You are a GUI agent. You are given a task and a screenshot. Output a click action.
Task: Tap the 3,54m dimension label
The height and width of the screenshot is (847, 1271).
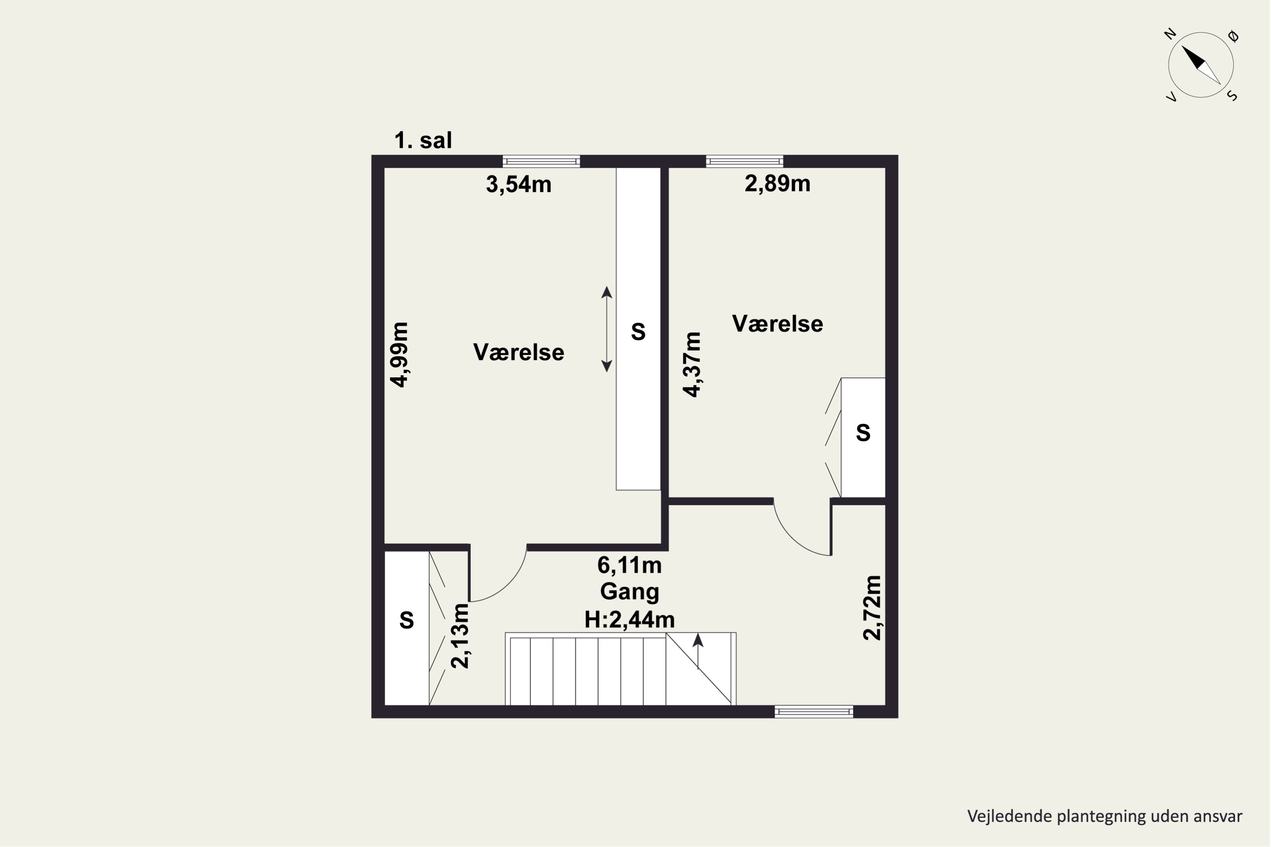coord(518,184)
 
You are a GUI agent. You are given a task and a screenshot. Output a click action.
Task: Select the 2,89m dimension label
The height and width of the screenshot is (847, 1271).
coord(777,184)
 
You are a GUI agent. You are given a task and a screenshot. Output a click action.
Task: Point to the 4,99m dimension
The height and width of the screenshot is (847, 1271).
coord(400,354)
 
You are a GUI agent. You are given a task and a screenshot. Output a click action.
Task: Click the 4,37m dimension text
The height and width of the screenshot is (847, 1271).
coord(692,365)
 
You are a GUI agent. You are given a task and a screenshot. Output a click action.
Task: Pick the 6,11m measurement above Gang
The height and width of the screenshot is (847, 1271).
coord(629,565)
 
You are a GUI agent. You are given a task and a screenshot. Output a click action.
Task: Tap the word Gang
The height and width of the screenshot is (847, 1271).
coord(630,592)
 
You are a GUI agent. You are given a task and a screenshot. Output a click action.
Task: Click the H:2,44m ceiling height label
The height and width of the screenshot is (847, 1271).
coord(630,620)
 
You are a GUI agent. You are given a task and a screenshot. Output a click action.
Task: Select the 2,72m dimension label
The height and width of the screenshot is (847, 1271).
coord(871,608)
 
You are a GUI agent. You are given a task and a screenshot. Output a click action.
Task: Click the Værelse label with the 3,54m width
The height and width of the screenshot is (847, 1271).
coord(519,352)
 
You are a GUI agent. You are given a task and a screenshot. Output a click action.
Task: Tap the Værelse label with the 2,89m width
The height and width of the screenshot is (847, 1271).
coord(777,324)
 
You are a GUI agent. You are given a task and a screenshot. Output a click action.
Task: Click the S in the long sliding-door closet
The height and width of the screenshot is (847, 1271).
coord(638,332)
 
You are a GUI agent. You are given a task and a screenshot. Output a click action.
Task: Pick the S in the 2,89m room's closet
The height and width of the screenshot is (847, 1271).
coord(863,433)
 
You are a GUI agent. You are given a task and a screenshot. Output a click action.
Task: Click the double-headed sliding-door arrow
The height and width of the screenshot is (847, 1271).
coord(607,329)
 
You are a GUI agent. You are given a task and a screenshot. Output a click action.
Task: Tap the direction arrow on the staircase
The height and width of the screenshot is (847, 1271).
coord(698,651)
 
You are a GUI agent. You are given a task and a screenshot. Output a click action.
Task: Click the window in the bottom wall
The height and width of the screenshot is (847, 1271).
coord(814,711)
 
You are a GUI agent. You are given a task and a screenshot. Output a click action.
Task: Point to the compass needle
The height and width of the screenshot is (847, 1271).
coord(1201,65)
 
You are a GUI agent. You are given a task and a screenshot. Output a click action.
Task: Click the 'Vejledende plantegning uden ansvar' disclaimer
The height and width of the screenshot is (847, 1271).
coord(1104,816)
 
